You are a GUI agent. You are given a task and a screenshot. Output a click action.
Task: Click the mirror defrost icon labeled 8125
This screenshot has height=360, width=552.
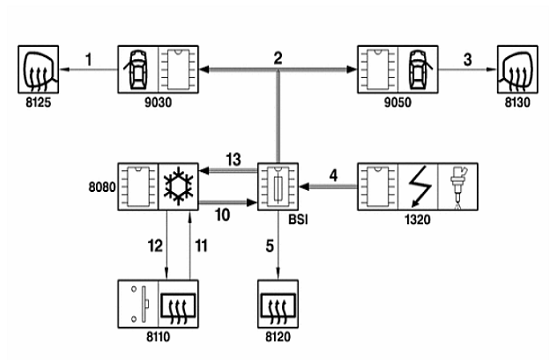pos(38,69)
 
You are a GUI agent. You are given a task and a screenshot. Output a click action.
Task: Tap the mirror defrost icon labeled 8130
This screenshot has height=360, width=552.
pos(517,69)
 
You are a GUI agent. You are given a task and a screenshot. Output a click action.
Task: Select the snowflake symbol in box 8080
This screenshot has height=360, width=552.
pos(178,187)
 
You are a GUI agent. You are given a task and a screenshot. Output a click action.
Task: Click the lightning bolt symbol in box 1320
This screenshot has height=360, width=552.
pos(420,186)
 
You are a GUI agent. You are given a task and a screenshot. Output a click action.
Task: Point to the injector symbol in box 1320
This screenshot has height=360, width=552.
pos(458,187)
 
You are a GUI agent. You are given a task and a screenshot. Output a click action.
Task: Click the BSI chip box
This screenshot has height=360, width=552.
pos(278,187)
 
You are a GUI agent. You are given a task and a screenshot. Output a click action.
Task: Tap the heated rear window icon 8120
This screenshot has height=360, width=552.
pos(278,304)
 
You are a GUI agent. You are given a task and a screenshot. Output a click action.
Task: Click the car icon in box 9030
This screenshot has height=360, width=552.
pos(138,69)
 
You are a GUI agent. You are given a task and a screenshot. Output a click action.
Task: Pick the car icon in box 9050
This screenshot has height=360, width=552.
pos(418,69)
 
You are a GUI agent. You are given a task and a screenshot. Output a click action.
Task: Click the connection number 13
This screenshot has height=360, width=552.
pos(233,159)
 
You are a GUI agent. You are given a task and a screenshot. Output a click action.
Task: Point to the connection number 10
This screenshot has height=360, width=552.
pos(222,215)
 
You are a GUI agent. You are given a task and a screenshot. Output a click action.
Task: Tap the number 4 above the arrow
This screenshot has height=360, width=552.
pos(333,175)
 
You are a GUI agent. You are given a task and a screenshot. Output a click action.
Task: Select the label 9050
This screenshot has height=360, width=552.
pos(397,102)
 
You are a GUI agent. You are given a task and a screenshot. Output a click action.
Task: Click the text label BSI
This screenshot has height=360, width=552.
pos(298,220)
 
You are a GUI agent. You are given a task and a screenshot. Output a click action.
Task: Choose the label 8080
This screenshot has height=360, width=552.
pos(102,187)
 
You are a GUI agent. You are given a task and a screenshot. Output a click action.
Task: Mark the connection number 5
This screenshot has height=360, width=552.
pos(270,246)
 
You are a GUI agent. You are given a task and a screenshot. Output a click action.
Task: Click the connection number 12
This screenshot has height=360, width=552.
pos(155,246)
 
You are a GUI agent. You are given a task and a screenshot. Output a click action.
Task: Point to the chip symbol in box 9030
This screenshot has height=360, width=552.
pos(178,69)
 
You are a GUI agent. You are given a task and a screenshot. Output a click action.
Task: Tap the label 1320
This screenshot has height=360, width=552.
pos(418,220)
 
